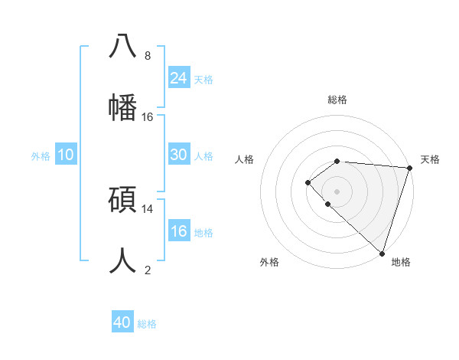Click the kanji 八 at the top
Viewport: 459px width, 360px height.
click(x=122, y=45)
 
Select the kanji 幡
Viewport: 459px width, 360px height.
click(x=122, y=106)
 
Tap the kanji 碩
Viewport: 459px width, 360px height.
click(x=122, y=199)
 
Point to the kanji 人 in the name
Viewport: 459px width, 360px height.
click(x=122, y=260)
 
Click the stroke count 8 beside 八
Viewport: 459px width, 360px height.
click(x=148, y=55)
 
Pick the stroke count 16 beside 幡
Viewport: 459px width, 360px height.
click(x=148, y=116)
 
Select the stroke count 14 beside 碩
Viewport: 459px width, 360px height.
click(x=148, y=208)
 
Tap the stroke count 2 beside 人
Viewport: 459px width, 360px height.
click(x=148, y=270)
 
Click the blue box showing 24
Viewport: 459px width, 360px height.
click(x=179, y=78)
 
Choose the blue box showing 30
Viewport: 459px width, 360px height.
click(x=179, y=155)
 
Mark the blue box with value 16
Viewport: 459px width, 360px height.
click(x=179, y=231)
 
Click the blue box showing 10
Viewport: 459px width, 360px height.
click(x=66, y=155)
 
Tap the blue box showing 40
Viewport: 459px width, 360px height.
click(x=122, y=322)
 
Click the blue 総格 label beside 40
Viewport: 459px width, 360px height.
click(x=147, y=324)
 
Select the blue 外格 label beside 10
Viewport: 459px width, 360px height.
click(x=41, y=156)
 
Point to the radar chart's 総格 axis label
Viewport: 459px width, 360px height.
click(x=337, y=100)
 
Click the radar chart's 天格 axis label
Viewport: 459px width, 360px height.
click(x=430, y=159)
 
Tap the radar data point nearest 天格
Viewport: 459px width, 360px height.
click(x=409, y=168)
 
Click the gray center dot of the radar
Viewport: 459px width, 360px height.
click(x=337, y=191)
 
